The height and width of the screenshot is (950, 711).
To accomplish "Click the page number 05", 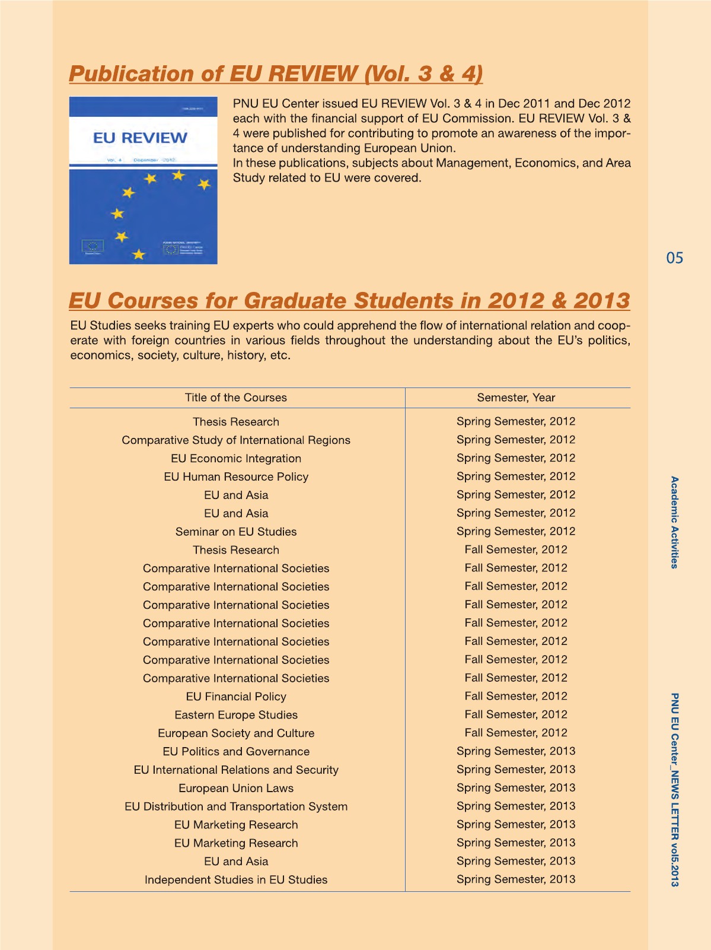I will click(x=674, y=258).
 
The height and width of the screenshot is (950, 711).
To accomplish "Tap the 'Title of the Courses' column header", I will click(x=235, y=398).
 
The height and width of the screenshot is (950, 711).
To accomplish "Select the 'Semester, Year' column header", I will click(x=516, y=398).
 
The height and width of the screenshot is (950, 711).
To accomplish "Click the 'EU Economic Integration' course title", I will click(x=235, y=459).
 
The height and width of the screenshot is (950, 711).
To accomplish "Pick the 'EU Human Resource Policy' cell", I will click(x=235, y=477).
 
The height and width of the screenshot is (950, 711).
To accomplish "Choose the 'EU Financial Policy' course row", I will click(x=235, y=697).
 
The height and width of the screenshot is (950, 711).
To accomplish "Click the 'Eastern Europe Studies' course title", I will click(x=235, y=715).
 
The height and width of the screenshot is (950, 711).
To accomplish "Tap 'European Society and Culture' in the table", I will click(x=235, y=733).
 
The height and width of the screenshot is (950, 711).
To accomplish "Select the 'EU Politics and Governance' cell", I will click(x=235, y=752).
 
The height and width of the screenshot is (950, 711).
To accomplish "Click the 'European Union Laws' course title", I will click(x=235, y=789).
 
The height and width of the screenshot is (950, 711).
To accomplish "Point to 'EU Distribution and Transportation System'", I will click(x=235, y=807).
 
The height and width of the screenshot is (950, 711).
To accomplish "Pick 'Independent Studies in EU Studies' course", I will click(x=235, y=880).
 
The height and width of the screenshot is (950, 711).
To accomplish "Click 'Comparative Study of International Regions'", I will click(x=235, y=440).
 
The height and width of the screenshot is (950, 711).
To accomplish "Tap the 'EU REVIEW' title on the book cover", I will click(x=140, y=138).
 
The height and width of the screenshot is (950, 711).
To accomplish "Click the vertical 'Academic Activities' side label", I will click(x=674, y=522).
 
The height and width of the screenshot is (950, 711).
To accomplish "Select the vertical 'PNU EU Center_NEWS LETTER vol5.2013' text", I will click(x=674, y=789).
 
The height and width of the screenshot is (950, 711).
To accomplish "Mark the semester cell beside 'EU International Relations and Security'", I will click(x=516, y=770).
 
